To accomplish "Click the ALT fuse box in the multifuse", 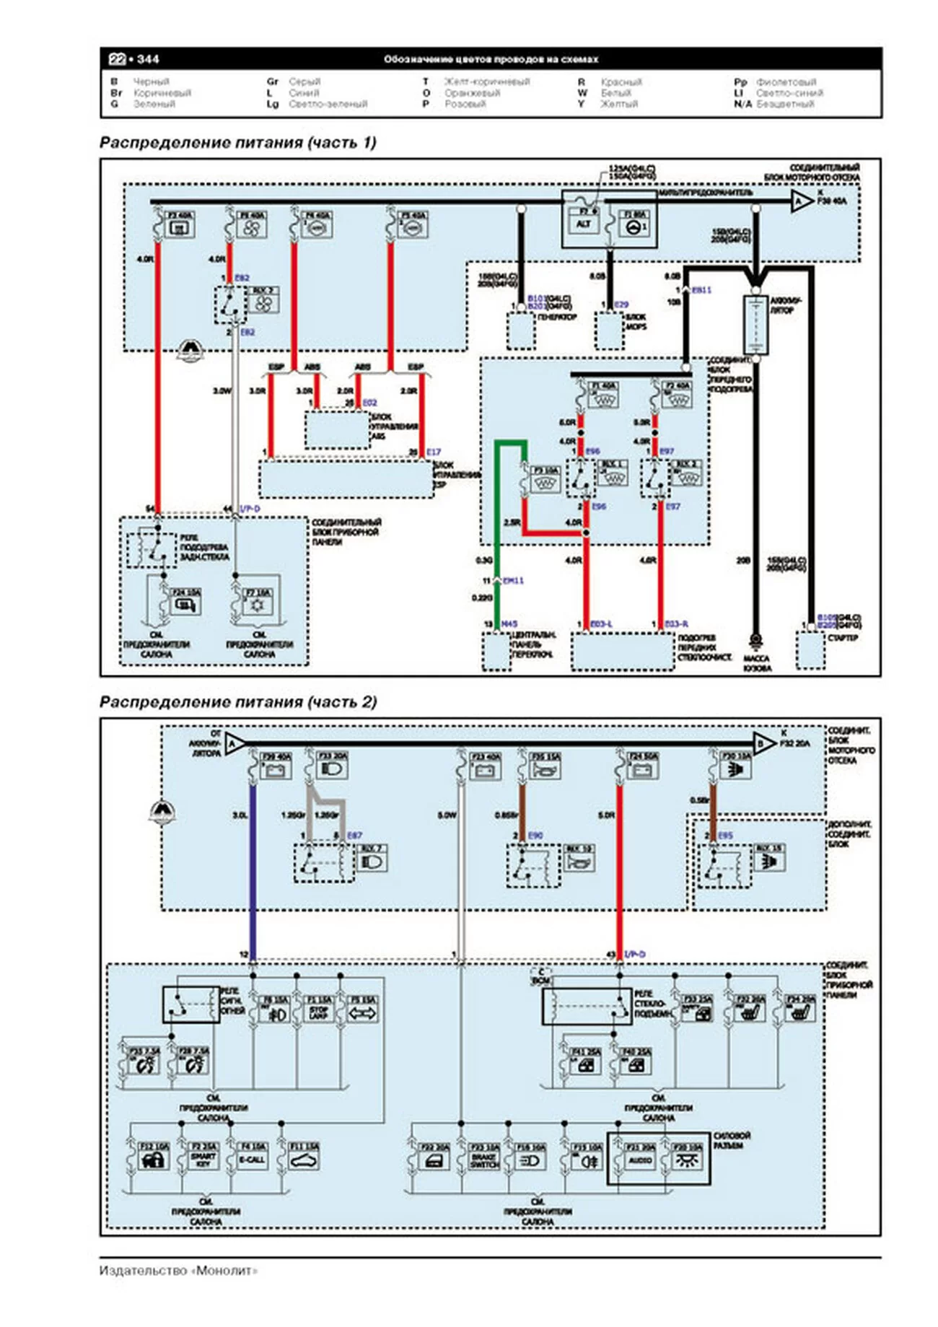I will tap(583, 224).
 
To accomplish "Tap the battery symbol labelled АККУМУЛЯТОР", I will tap(755, 325).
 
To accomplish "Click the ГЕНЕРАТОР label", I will tap(557, 317).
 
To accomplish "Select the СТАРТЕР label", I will tap(842, 638).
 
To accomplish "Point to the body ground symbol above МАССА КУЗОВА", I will tap(755, 640).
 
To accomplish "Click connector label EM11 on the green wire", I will tap(513, 581).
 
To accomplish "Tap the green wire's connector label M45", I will tap(509, 623).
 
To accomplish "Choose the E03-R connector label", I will tap(676, 623).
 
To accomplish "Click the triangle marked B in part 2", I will tap(762, 743).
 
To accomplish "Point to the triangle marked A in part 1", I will tap(799, 201).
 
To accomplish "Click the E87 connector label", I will tap(354, 836).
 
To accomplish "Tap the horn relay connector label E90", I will tap(535, 836).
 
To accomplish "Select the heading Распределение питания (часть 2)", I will tap(238, 701).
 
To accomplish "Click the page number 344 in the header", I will tap(148, 59).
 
